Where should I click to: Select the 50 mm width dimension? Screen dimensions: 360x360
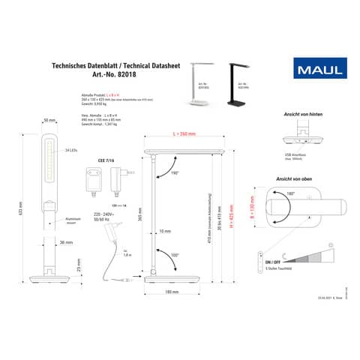pyautogui.click(x=50, y=120)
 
